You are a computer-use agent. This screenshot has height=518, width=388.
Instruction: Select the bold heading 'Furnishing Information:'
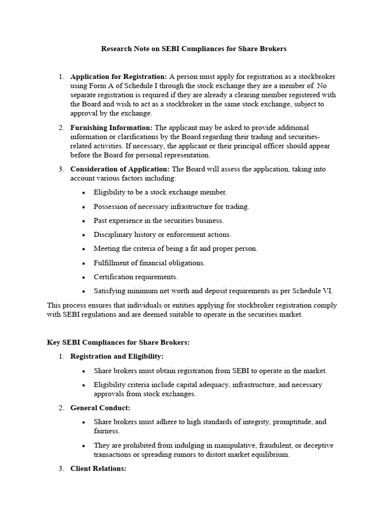[111, 127]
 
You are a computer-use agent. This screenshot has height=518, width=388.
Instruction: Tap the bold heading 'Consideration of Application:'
[120, 169]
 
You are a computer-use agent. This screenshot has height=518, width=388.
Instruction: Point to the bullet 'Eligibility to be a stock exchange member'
[160, 192]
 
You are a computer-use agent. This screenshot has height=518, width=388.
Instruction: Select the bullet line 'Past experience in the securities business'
[158, 221]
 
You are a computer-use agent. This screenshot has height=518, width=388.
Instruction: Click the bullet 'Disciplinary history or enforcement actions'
[162, 235]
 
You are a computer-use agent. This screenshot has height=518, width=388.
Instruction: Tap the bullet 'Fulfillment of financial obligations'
[149, 263]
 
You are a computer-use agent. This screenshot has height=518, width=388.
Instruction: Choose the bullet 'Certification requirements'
[135, 277]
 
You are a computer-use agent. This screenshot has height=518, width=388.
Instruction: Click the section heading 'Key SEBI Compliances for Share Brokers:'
[118, 342]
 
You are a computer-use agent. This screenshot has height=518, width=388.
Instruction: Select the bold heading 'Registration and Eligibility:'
[117, 357]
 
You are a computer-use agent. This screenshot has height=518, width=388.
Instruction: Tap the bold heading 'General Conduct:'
[100, 408]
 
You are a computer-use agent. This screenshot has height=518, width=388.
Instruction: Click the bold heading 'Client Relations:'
[98, 469]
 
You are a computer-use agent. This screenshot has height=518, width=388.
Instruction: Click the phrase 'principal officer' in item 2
[268, 146]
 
